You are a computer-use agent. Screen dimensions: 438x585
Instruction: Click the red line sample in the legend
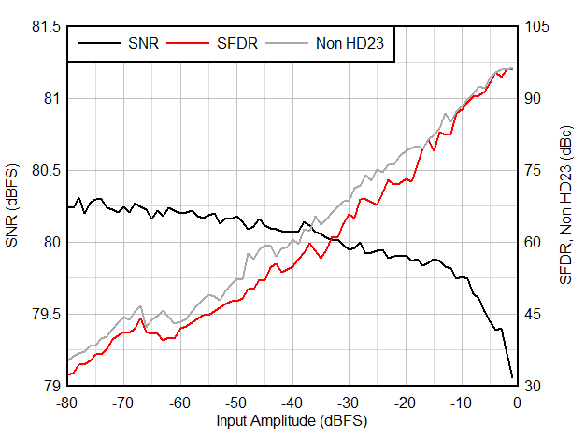point(190,43)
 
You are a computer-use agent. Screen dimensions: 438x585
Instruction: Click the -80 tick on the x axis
point(66,403)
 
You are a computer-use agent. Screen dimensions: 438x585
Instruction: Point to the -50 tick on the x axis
point(235,403)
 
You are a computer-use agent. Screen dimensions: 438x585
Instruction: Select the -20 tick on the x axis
point(404,403)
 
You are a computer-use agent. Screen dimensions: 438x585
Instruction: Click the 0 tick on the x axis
point(517,403)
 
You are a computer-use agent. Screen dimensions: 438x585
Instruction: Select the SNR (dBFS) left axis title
point(13,205)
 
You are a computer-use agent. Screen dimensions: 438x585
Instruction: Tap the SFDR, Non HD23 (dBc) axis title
point(566,205)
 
